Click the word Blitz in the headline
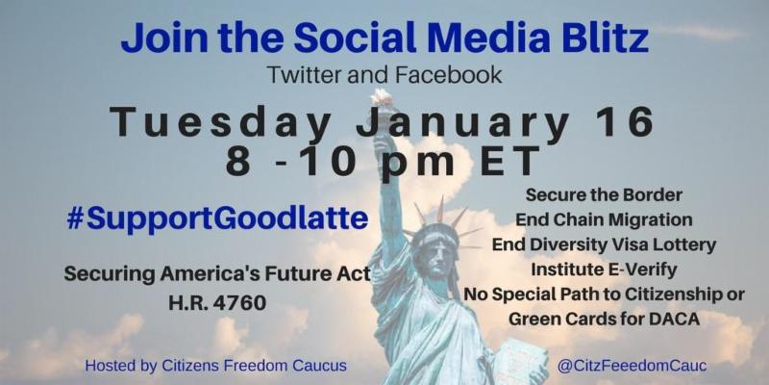tap(605, 38)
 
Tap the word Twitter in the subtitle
tap(303, 75)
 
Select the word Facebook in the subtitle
tap(448, 75)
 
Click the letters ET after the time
tap(510, 161)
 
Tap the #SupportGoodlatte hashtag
tap(217, 219)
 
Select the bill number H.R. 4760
tap(217, 303)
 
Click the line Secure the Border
tap(604, 195)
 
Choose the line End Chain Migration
tap(604, 219)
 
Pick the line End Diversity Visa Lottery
tap(604, 244)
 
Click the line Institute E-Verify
tap(604, 269)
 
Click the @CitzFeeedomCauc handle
tap(632, 366)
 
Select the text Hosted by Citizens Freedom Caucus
tap(215, 366)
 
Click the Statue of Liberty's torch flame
tap(382, 99)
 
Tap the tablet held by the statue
tap(515, 361)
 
